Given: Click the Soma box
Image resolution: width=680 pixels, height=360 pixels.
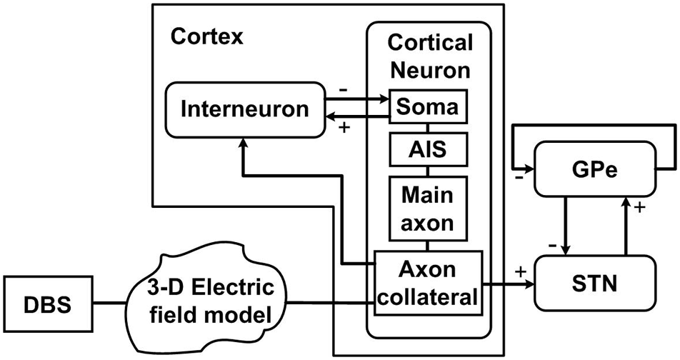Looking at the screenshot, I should click(x=427, y=109).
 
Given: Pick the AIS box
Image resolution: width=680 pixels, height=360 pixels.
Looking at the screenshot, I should click(x=427, y=150).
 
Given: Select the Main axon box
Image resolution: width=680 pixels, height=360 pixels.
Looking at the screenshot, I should click(x=427, y=208).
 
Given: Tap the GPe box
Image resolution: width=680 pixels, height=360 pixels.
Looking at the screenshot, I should click(x=594, y=169).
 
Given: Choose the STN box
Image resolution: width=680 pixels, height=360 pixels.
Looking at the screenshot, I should click(x=594, y=284).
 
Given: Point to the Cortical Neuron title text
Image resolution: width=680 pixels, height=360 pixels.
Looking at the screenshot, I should click(x=429, y=56).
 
